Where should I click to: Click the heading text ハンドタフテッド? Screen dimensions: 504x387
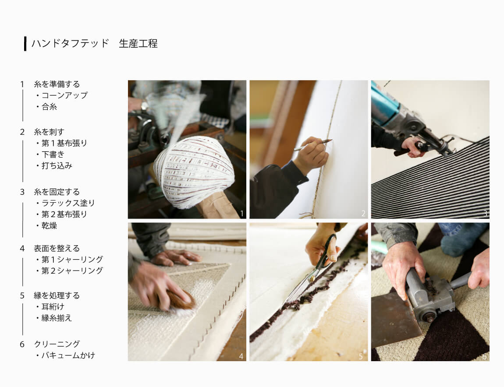(x=71, y=43)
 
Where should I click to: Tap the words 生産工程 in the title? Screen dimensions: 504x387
(x=138, y=43)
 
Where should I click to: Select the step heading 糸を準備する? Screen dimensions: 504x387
(x=57, y=84)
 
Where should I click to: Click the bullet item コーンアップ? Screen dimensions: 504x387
(x=64, y=95)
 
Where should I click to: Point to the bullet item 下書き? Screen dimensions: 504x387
(x=53, y=155)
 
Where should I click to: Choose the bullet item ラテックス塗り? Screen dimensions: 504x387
(x=68, y=203)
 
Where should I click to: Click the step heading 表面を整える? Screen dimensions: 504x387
(x=57, y=248)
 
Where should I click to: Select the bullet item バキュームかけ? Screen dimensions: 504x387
(x=68, y=355)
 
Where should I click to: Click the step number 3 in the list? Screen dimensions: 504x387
(x=22, y=192)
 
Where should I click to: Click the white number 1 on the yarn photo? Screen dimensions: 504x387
(x=242, y=213)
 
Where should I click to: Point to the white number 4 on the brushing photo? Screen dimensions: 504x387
(x=241, y=356)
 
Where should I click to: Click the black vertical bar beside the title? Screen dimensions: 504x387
(x=25, y=44)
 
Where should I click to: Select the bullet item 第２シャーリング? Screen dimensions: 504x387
(x=72, y=271)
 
